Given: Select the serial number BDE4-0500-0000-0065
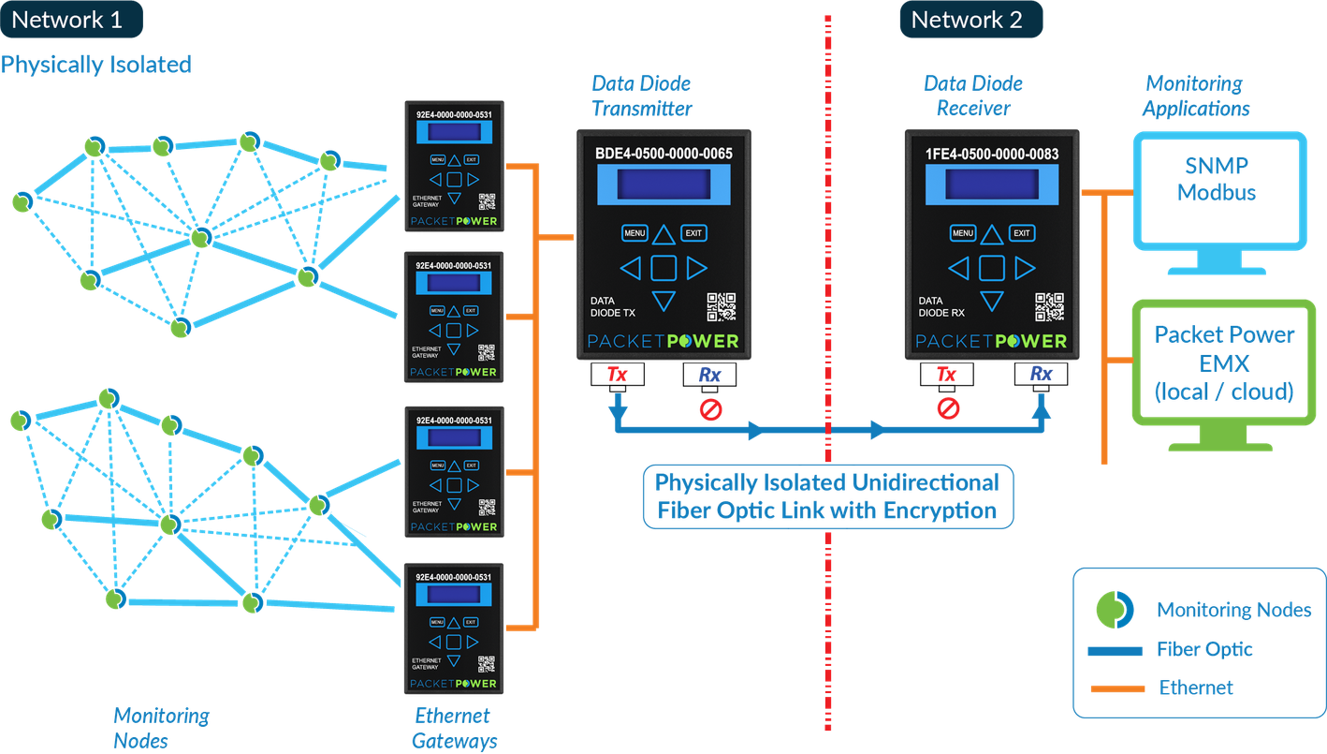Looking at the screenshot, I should click(x=663, y=155).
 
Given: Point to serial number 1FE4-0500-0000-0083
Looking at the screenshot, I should click(x=991, y=155).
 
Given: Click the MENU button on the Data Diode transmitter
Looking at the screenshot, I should click(x=634, y=233).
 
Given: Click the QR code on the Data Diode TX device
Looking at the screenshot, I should click(x=722, y=307).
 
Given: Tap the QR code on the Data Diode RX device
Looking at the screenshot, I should click(x=1050, y=307).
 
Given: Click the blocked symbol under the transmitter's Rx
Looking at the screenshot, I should click(x=710, y=409).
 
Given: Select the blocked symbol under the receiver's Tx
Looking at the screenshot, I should click(x=948, y=409).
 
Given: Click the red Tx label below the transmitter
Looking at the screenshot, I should click(x=618, y=376).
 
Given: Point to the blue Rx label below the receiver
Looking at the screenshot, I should click(x=1041, y=375).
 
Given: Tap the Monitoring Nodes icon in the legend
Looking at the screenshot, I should click(x=1115, y=610).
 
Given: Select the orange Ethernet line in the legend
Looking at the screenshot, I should click(x=1116, y=688).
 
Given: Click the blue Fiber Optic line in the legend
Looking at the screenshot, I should click(x=1116, y=650).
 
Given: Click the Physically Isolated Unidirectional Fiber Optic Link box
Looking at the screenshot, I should click(x=827, y=496).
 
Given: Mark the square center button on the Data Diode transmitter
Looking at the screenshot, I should click(x=663, y=269).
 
